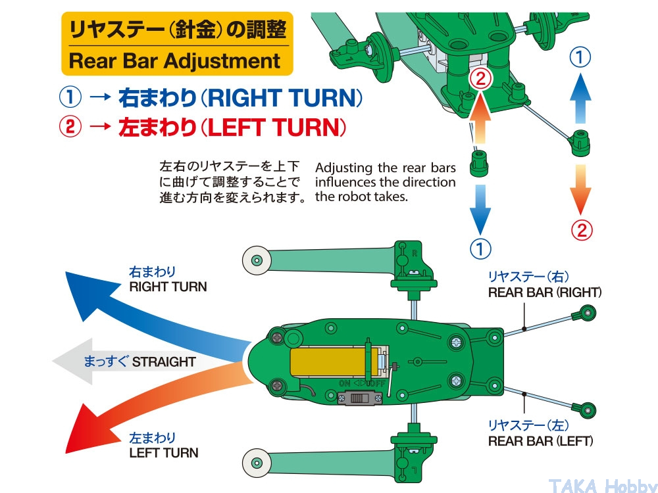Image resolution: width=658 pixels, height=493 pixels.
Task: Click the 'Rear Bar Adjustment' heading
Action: pos(174,61)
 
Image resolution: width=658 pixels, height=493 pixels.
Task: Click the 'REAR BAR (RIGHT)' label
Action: pos(544,292)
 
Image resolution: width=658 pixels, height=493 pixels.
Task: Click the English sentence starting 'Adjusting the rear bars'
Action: pos(385,182)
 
